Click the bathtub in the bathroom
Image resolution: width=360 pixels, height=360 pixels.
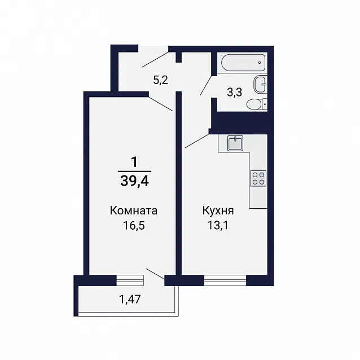(x=243, y=63)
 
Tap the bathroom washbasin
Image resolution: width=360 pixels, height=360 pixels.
(x=261, y=84)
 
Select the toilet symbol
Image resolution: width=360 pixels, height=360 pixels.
(x=257, y=104)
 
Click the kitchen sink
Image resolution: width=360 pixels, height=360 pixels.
(x=235, y=143)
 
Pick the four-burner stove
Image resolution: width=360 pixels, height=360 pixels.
(x=258, y=178)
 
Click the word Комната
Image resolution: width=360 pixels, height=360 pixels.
(x=133, y=210)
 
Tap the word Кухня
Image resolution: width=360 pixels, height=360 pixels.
(x=218, y=210)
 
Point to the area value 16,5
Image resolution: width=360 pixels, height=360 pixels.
(x=134, y=226)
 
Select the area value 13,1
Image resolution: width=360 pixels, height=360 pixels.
(x=218, y=226)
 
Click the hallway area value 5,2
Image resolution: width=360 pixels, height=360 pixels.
(x=160, y=80)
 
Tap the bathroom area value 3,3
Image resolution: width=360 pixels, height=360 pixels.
(x=234, y=93)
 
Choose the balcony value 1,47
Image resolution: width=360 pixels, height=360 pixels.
(x=130, y=300)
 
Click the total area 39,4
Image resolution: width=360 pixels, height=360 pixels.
(x=134, y=181)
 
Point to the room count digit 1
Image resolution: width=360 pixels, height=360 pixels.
(x=134, y=163)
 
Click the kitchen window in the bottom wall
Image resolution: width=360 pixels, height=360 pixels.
(x=225, y=280)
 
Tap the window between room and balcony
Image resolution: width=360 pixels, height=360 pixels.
(x=130, y=280)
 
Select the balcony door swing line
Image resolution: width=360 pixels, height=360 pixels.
(x=155, y=274)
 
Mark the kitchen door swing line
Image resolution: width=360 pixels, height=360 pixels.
(x=197, y=141)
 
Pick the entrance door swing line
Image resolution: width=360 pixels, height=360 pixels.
(x=155, y=60)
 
